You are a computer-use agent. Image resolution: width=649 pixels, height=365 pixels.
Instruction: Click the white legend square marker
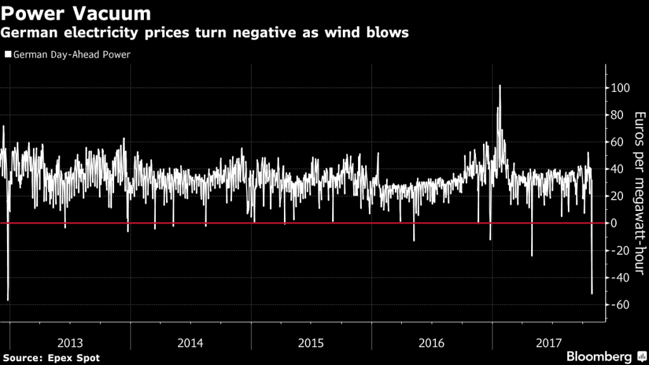click(8, 54)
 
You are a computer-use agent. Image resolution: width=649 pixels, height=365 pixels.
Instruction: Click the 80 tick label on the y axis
click(617, 115)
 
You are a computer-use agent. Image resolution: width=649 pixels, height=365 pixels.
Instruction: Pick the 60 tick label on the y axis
click(617, 142)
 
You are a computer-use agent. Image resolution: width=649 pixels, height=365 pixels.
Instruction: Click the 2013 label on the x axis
click(70, 343)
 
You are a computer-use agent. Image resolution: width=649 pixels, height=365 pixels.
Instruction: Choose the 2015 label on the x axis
click(311, 343)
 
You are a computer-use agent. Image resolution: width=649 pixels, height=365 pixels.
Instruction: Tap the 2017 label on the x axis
click(549, 343)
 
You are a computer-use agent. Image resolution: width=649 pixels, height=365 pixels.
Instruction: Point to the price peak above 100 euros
click(500, 86)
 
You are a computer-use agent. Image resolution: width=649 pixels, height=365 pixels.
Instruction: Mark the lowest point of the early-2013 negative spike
click(8, 300)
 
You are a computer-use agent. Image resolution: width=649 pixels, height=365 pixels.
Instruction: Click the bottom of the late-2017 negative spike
click(592, 293)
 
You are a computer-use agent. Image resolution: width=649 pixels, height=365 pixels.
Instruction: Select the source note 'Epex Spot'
click(75, 358)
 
